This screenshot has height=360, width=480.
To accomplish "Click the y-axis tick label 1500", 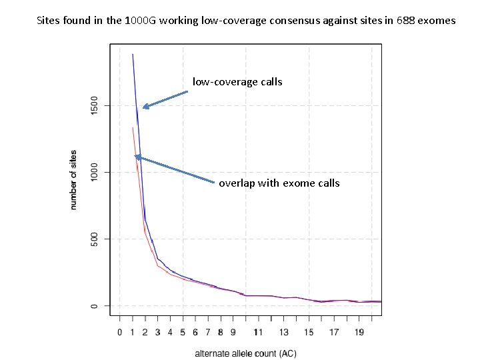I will tap(94, 105).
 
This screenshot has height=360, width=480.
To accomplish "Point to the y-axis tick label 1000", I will tap(94, 172).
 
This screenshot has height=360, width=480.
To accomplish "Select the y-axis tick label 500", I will tap(94, 239).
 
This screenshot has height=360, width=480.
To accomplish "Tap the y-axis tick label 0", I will tap(94, 306).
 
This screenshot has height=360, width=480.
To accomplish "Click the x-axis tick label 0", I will tap(120, 331).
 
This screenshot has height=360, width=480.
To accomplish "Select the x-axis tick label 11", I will tap(258, 331).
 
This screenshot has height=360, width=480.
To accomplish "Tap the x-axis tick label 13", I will tap(283, 331).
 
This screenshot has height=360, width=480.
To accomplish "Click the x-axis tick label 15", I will tap(309, 331).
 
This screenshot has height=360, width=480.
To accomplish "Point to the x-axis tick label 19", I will tap(359, 331).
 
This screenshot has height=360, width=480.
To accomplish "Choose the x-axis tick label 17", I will tap(334, 331).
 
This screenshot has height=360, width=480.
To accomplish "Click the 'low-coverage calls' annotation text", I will tap(237, 82).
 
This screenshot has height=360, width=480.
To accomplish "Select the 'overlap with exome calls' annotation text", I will tap(279, 183).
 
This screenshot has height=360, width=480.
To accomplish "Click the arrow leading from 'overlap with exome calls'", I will tap(175, 169).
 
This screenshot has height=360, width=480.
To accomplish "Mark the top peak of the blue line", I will tap(133, 54).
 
